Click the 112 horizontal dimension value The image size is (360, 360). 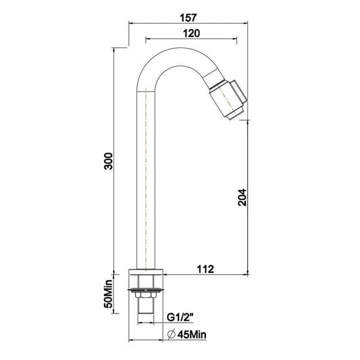(x=205, y=269)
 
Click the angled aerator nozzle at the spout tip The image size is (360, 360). (x=229, y=98)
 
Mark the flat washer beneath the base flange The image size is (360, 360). (x=147, y=289)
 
